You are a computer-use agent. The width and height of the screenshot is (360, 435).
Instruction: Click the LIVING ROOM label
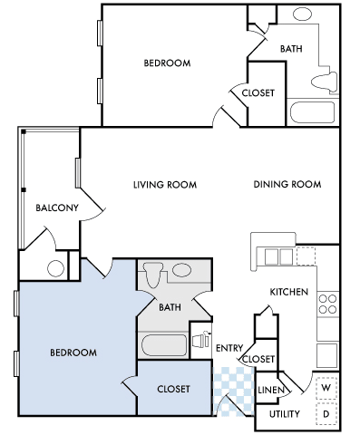(x=165, y=185)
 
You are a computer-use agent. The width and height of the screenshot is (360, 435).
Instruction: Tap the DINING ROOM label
(x=287, y=184)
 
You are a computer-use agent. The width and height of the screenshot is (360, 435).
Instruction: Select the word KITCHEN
(x=289, y=292)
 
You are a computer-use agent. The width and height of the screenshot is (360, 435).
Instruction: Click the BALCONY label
(x=57, y=208)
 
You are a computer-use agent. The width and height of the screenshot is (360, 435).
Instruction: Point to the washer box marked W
(x=326, y=387)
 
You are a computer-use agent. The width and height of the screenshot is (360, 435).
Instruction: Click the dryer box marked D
(x=326, y=414)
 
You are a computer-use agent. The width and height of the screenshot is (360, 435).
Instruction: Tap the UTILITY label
(x=285, y=414)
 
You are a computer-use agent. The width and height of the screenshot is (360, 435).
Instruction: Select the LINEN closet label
(x=271, y=390)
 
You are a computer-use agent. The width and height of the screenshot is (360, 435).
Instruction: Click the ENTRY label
(x=229, y=348)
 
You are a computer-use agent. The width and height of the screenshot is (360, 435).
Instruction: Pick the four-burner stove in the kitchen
(x=327, y=304)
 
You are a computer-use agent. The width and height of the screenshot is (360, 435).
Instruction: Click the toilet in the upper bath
(x=325, y=82)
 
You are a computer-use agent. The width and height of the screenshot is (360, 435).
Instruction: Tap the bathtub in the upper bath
(x=313, y=112)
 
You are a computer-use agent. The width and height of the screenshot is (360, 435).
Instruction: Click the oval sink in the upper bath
(x=302, y=14)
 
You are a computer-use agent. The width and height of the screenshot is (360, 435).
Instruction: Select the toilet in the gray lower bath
(x=153, y=274)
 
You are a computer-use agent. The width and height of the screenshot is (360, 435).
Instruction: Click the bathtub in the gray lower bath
(x=164, y=345)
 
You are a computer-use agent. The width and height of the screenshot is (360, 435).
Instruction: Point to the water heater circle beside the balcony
(x=56, y=268)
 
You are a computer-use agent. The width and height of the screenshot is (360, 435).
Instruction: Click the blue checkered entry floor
(x=233, y=391)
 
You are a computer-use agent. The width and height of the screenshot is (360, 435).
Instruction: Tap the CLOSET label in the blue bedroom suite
(x=173, y=389)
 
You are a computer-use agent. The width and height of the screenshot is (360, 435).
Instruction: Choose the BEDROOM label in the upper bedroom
(x=167, y=63)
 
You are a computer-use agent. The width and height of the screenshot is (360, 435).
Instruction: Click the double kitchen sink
(x=278, y=256)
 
